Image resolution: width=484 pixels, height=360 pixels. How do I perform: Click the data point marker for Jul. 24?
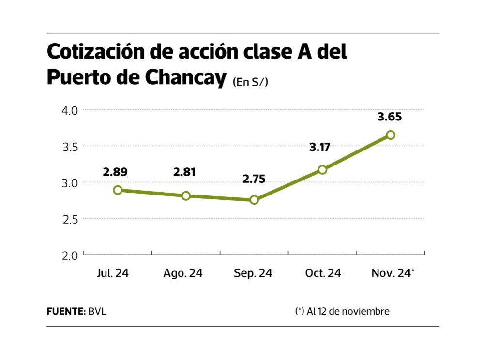pyautogui.click(x=118, y=190)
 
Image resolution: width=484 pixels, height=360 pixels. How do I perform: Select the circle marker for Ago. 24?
pyautogui.click(x=186, y=196)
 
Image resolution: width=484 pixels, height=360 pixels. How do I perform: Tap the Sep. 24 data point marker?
pyautogui.click(x=254, y=200)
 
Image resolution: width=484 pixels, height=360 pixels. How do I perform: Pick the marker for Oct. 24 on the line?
pyautogui.click(x=322, y=169)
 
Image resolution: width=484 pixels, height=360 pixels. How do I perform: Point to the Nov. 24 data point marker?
pyautogui.click(x=391, y=135)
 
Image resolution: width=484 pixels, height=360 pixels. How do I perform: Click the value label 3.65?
pyautogui.click(x=390, y=117)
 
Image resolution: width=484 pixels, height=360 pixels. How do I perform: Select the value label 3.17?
pyautogui.click(x=319, y=147)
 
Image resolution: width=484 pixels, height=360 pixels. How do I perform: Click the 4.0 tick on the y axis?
pyautogui.click(x=70, y=111)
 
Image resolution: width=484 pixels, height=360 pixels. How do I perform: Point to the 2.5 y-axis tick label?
pyautogui.click(x=70, y=219)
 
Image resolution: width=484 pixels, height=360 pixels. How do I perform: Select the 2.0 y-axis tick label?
pyautogui.click(x=70, y=255)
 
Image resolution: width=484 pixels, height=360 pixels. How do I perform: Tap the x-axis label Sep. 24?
pyautogui.click(x=253, y=273)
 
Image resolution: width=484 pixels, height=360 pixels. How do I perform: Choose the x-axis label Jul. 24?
pyautogui.click(x=113, y=273)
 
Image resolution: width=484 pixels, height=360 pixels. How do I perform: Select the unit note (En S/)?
pyautogui.click(x=250, y=82)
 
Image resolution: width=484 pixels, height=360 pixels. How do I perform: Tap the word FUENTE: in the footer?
pyautogui.click(x=66, y=311)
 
